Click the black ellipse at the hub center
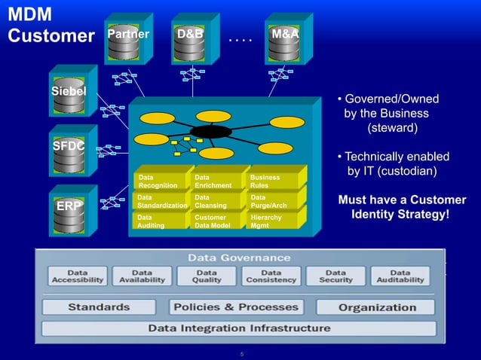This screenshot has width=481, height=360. tap(211, 132)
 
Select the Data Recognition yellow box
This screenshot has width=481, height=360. tap(158, 181)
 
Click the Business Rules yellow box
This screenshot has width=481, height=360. tap(275, 181)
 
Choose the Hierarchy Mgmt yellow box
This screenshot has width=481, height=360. tap(275, 220)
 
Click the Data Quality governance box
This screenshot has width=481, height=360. tap(207, 276)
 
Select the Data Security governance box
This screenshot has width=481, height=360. tap(335, 276)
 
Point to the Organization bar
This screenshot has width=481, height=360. tap(375, 307)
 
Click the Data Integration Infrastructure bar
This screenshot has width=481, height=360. tap(239, 328)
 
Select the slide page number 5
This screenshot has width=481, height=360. tap(240, 352)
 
